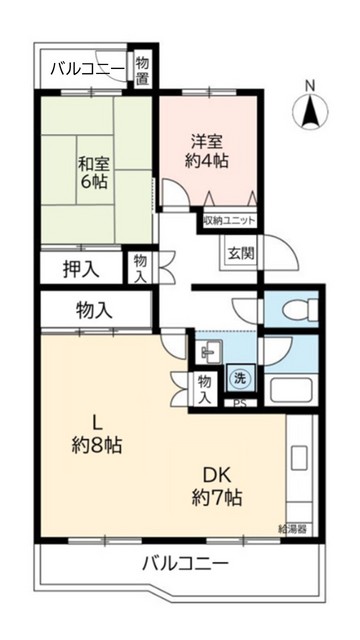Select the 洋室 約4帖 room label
pyautogui.click(x=208, y=149)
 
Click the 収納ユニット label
pyautogui.click(x=229, y=219)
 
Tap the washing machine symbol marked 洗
pyautogui.click(x=239, y=379)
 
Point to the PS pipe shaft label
pyautogui.click(x=239, y=404)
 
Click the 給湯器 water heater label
pyautogui.click(x=293, y=526)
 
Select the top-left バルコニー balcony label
pyautogui.click(x=87, y=68)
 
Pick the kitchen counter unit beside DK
pyautogui.click(x=300, y=464)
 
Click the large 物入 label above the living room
pyautogui.click(x=94, y=310)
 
